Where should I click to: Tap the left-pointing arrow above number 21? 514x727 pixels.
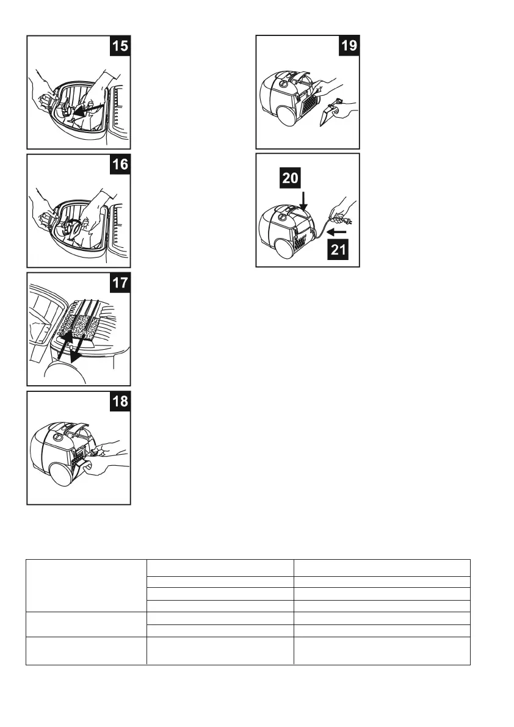(337, 232)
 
